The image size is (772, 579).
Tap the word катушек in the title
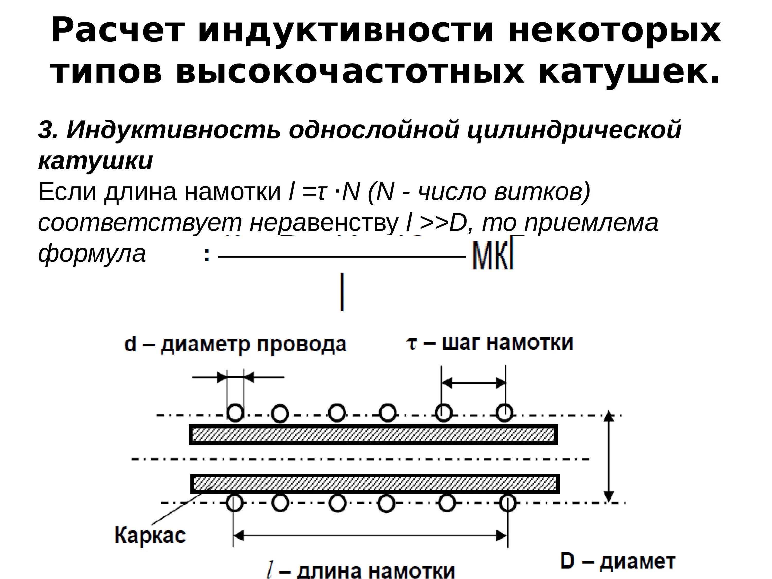tap(628, 73)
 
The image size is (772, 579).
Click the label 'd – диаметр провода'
tap(235, 345)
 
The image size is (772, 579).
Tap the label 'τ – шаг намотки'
tap(490, 343)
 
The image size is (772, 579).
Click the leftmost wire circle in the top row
tap(235, 413)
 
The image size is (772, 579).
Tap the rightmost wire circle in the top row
tap(504, 413)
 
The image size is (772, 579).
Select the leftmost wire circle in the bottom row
tap(234, 503)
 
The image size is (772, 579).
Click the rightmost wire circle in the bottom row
tap(507, 503)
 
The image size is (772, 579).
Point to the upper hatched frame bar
tap(373, 435)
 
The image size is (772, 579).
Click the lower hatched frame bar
tap(375, 484)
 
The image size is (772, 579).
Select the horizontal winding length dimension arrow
tap(370, 536)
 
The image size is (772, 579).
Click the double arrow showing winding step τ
tap(473, 383)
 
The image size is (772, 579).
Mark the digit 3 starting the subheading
tap(45, 130)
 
